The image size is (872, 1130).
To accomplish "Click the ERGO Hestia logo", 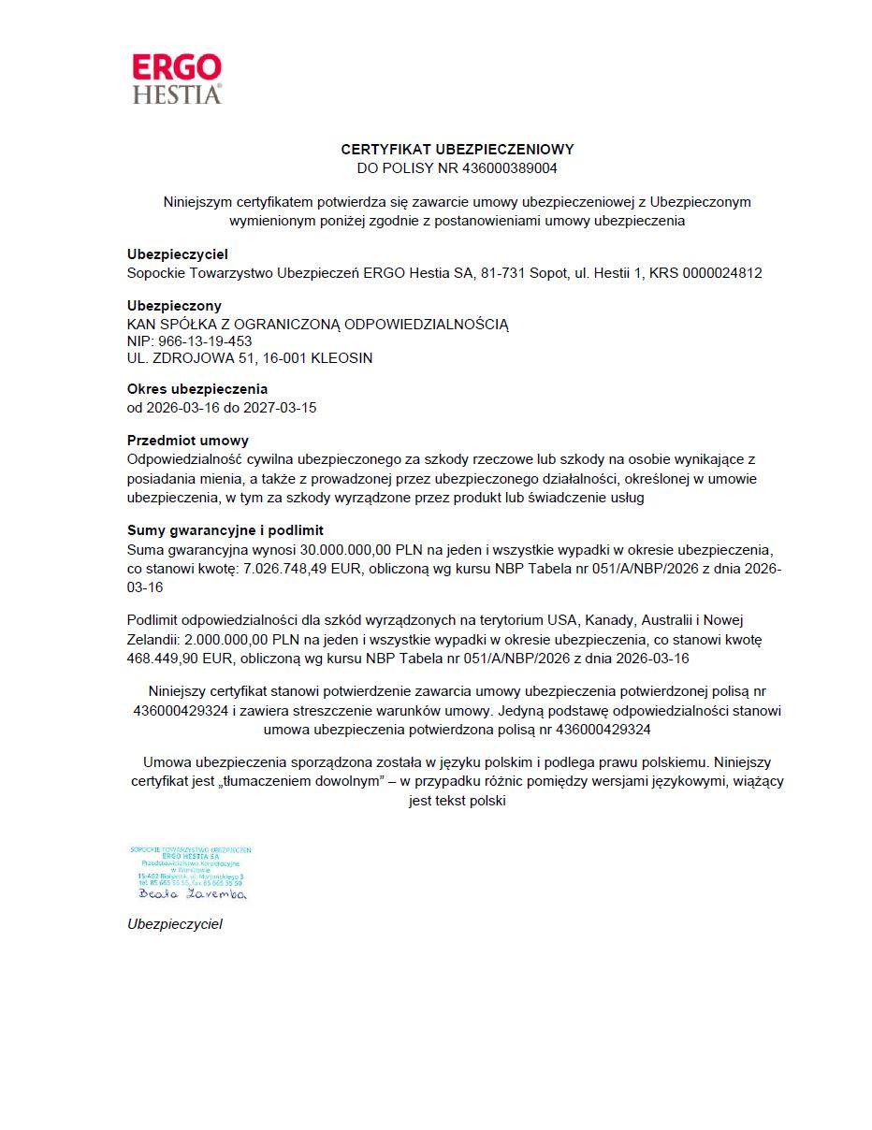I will (x=177, y=79).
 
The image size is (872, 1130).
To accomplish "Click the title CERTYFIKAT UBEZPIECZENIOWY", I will (x=458, y=149).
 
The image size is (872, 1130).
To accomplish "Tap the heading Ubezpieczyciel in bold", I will (x=178, y=254).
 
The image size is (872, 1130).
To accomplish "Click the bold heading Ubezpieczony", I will (x=174, y=306).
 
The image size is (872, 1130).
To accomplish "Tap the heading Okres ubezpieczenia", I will (x=197, y=389).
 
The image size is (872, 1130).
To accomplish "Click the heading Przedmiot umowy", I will (x=188, y=441).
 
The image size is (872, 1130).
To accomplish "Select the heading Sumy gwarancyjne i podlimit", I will (x=225, y=530).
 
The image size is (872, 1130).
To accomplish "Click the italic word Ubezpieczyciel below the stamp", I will (x=175, y=924).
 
